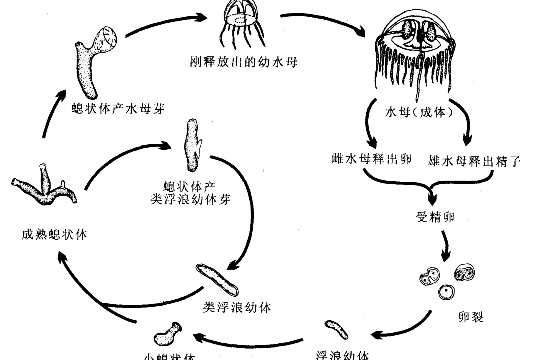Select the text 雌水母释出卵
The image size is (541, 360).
(371, 160)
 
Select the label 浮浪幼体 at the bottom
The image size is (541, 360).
(343, 354)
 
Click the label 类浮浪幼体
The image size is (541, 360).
(237, 307)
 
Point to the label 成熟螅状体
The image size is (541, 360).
(53, 234)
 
